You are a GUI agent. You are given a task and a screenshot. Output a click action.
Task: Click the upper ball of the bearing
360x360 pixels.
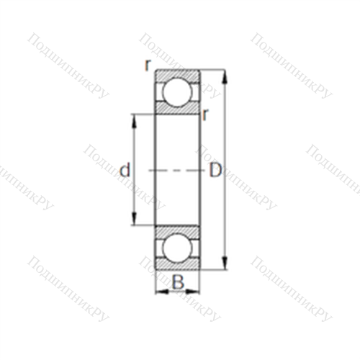(177, 92)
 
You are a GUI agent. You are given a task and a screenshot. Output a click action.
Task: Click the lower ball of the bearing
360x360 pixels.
(177, 248)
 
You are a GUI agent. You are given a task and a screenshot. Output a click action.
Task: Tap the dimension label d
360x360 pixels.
(125, 170)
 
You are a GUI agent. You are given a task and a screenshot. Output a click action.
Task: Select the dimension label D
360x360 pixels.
(215, 170)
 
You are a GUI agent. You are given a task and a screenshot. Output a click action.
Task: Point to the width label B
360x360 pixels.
(178, 282)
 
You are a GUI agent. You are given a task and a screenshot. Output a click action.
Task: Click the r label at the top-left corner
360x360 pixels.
(148, 65)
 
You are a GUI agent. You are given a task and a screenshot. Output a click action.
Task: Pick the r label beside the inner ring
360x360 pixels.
(204, 114)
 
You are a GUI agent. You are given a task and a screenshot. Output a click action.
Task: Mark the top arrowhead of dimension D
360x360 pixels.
(225, 77)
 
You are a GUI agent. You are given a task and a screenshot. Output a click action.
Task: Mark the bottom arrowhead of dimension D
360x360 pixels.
(225, 263)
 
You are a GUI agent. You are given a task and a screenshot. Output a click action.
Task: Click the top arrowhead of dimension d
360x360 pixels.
(134, 122)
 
